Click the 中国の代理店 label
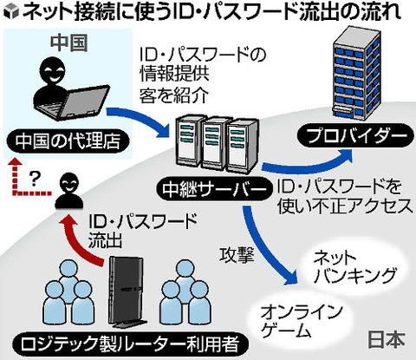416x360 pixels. point(68,142)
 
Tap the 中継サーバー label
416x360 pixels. point(215,190)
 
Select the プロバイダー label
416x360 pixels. point(356,135)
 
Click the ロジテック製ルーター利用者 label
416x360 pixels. point(131,345)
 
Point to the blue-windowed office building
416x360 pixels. point(356,73)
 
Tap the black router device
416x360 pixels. point(127,292)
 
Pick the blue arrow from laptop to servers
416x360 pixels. point(139,119)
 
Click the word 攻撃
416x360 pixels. point(237,255)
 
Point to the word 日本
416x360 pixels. point(386,339)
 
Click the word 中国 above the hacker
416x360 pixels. point(68,43)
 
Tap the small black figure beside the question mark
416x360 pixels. point(68,190)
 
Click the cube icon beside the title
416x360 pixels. point(11,11)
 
